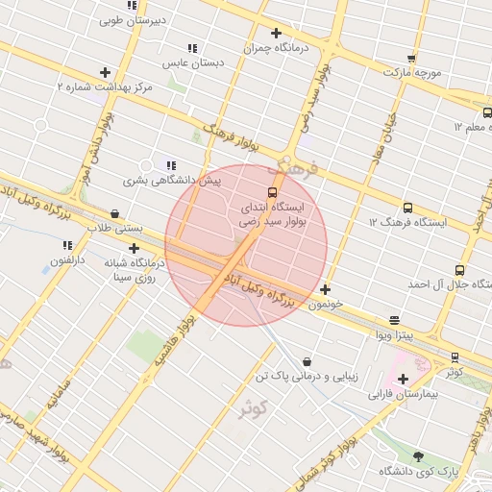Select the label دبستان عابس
coord(192,61)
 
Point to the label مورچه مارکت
coord(412,72)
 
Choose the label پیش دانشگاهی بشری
coord(171,180)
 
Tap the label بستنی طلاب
coord(115,228)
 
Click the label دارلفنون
coord(67,259)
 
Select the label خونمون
coord(326,304)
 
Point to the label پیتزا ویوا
coord(394,334)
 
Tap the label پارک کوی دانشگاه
coord(418,471)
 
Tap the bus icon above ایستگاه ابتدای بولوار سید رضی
coord(272,192)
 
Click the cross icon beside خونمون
coord(326,289)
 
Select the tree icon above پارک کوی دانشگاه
coord(418,456)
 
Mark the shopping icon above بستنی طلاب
coord(115,213)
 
